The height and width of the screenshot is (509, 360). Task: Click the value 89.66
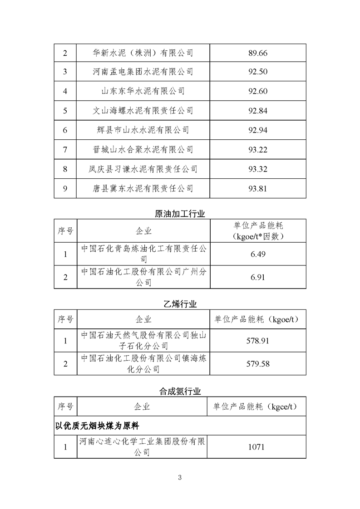point(258,53)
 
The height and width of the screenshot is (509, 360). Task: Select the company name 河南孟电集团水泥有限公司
point(143,72)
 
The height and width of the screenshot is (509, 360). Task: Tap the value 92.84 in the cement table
point(258,111)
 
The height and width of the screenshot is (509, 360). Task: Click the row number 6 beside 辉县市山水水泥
point(65,130)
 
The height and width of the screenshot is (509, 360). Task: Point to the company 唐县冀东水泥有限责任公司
point(143,188)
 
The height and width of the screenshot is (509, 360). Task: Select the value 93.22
point(258,150)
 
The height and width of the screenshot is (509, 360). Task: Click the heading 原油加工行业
point(180,214)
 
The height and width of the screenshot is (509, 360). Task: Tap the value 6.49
point(257,254)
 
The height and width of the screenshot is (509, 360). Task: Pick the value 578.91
point(257,341)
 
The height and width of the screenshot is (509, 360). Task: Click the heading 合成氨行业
point(180,391)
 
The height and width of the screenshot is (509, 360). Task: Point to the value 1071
point(257,447)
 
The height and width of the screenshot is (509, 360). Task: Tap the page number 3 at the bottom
point(180,477)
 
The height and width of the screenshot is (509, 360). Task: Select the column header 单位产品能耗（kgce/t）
point(257,406)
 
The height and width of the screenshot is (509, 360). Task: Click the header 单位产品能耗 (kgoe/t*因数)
point(257,231)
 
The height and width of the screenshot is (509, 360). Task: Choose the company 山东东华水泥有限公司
point(143,91)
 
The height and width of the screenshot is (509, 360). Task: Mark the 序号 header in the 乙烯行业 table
point(65,319)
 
